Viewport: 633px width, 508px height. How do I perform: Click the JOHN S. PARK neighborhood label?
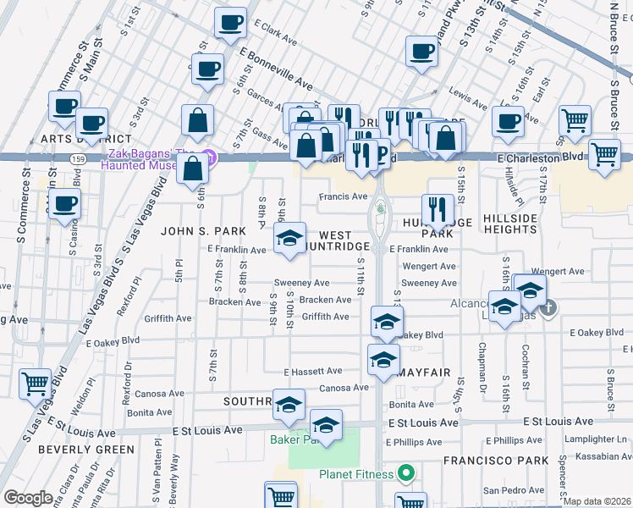coord(203,230)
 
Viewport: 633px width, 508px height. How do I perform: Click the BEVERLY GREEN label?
coord(74,449)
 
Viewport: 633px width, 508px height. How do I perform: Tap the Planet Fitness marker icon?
coord(405,474)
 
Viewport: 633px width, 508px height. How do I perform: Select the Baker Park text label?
coord(293,439)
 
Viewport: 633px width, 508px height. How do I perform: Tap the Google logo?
coord(28,498)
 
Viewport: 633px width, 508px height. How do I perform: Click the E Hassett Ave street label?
coord(312,371)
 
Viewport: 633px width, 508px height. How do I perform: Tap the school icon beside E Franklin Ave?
coord(289,239)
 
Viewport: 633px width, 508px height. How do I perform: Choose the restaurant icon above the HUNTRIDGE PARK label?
coord(438,208)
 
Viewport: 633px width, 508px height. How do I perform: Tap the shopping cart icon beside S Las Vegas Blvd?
coord(35,384)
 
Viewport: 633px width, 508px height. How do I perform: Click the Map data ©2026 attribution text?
coord(597,501)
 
